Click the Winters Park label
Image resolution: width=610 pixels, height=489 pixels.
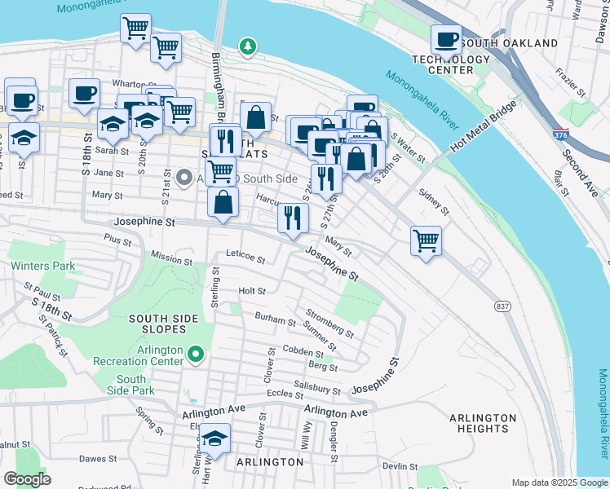pos(42,266)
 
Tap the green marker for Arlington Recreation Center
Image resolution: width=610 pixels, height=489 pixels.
pos(195,354)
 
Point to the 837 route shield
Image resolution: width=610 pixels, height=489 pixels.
pos(502,305)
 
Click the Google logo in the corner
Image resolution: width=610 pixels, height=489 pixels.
pos(27,479)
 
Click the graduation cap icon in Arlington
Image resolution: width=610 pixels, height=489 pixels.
pos(214,438)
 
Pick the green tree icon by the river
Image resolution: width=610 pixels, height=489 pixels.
pos(246,46)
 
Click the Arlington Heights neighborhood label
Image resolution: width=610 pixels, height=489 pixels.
pos(482,423)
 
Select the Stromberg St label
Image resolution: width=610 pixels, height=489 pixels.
pos(329,323)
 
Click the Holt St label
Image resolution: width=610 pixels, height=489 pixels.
pos(252,291)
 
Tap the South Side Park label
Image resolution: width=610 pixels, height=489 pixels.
pos(130,385)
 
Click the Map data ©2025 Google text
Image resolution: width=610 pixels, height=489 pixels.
pos(559,482)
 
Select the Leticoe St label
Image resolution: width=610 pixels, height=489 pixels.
pos(245,258)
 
